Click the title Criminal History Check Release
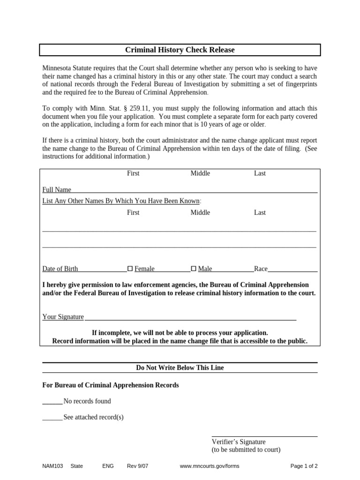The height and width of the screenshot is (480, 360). (x=180, y=50)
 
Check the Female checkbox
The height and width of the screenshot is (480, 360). (x=130, y=269)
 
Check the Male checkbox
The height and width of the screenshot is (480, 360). (x=194, y=269)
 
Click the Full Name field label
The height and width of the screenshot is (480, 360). (x=57, y=190)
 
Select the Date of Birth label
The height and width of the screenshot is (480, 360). (x=60, y=269)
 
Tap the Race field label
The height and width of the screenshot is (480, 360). (x=261, y=269)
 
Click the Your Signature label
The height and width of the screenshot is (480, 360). (x=63, y=317)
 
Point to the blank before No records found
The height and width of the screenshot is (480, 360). (x=52, y=401)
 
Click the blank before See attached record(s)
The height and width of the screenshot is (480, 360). (x=52, y=417)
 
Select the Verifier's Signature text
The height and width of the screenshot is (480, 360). (x=239, y=442)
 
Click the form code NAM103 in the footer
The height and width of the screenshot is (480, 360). (x=52, y=466)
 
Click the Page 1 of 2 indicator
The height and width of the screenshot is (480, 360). (x=304, y=466)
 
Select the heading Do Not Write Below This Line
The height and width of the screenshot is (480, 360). (x=180, y=368)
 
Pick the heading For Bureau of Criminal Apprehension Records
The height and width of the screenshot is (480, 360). (x=111, y=385)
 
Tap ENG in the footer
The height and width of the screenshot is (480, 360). (x=108, y=466)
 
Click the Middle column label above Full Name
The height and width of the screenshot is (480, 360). (x=200, y=173)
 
